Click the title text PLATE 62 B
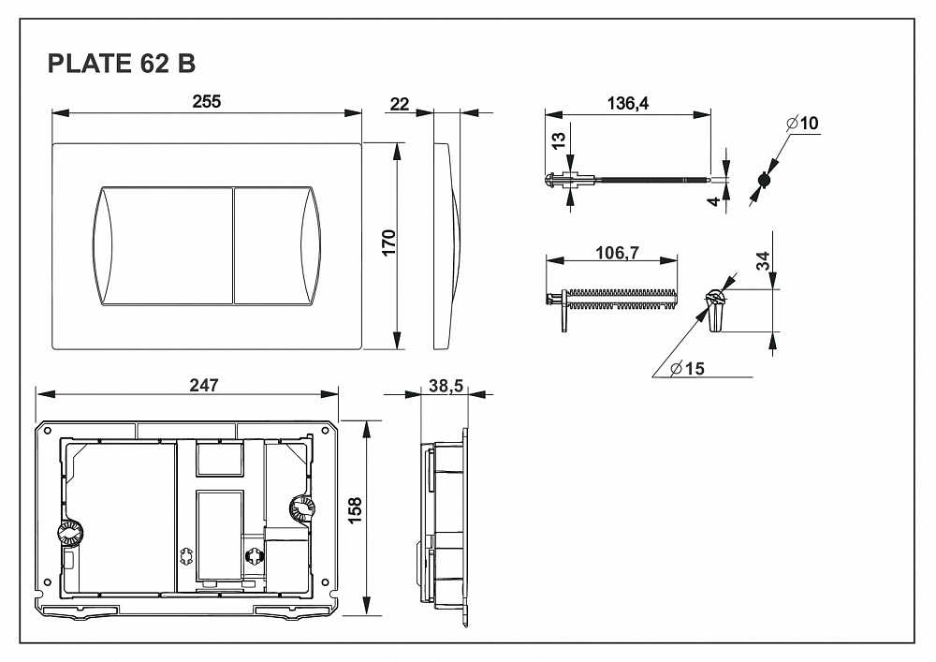(x=121, y=64)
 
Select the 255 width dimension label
(x=206, y=102)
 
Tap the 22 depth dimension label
(x=400, y=104)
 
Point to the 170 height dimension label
(x=389, y=243)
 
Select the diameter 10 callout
(x=802, y=124)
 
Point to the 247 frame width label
(x=203, y=385)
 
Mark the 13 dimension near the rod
(x=559, y=140)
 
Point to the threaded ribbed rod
(x=622, y=300)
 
